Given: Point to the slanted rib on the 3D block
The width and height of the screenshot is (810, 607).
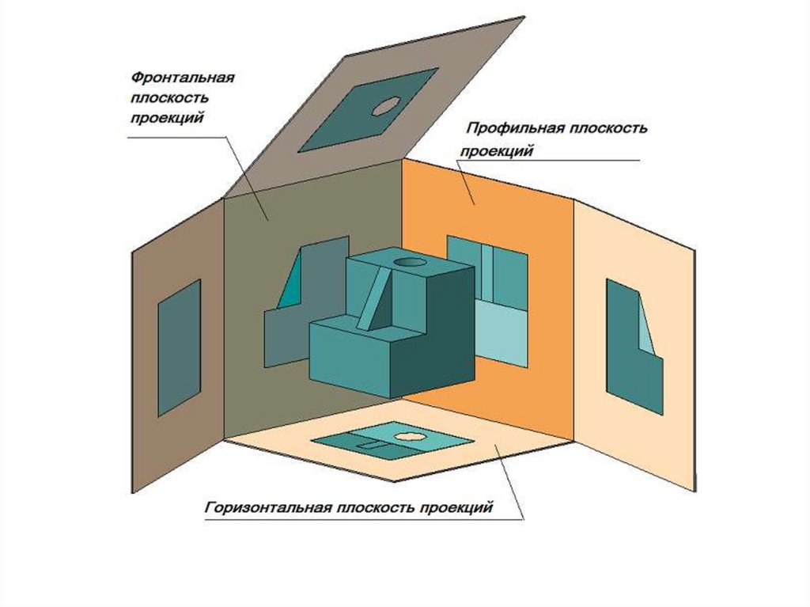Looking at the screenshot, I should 375,299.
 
